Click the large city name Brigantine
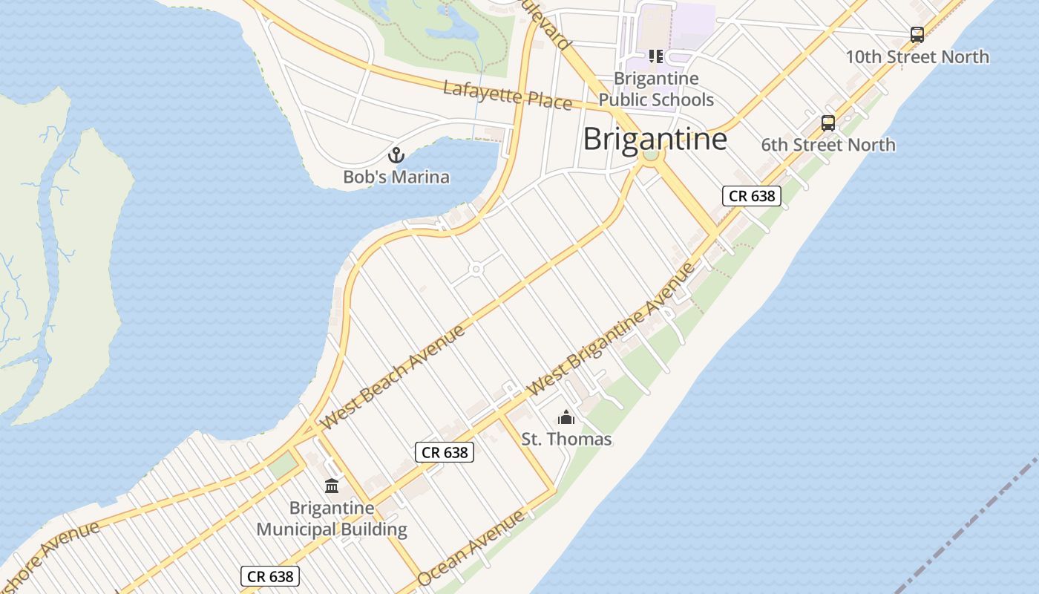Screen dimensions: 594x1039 pos(655,139)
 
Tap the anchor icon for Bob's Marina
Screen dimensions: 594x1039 pos(396,155)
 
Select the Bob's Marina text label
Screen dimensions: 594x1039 pos(396,177)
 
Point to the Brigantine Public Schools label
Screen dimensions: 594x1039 pos(656,89)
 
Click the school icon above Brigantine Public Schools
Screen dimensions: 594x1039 pos(655,56)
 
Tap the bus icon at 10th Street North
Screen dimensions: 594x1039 pos(917,34)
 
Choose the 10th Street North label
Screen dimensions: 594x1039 pos(917,56)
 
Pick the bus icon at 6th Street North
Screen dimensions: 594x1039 pos(828,123)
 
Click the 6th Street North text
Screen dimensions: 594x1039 pos(828,145)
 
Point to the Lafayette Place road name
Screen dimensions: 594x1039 pos(508,95)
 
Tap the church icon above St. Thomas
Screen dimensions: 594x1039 pos(566,417)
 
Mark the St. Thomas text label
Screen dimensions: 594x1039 pos(566,439)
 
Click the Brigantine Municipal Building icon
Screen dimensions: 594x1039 pos(332,486)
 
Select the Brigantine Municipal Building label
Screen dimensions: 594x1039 pos(332,519)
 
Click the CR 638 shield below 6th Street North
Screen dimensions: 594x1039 pos(752,196)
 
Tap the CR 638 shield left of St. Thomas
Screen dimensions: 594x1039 pos(444,452)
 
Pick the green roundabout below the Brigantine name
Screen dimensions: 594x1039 pos(651,155)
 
